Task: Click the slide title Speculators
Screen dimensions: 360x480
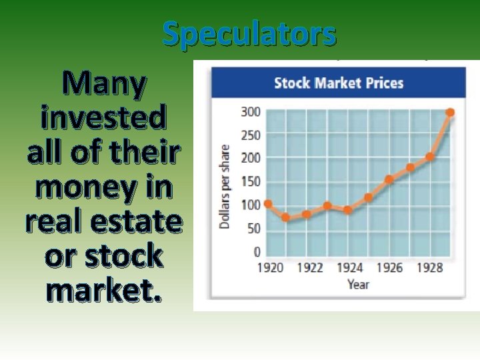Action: pos(249,34)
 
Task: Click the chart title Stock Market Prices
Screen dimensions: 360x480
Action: pos(339,83)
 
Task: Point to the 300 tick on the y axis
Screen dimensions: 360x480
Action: pos(251,112)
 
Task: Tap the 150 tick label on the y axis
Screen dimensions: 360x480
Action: pos(251,181)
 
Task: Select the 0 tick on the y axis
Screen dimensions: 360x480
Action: pos(256,252)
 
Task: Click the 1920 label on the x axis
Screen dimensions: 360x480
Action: pos(269,268)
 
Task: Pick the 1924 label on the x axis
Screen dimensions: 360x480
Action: pos(349,268)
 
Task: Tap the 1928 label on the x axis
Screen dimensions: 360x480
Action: pos(430,268)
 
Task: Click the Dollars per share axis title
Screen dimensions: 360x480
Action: pos(225,187)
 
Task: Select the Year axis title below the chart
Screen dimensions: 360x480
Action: pos(357,285)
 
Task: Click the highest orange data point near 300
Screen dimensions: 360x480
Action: pos(450,113)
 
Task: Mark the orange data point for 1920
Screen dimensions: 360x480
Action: pos(268,204)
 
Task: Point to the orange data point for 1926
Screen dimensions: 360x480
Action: pos(389,179)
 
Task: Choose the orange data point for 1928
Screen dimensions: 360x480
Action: pos(430,157)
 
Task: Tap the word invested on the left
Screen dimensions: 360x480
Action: pos(103,119)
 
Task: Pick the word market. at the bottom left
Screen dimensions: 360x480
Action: pos(103,289)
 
